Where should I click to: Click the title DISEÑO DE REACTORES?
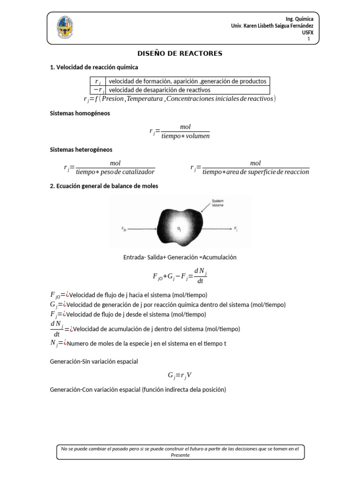coord(180,53)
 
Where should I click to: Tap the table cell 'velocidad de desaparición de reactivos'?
coord(159,90)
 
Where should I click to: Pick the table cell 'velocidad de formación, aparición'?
coord(187,81)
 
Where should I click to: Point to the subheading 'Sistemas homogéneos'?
coord(80,113)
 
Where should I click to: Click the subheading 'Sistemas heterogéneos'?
coord(81,150)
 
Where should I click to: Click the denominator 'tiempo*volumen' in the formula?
coord(185,136)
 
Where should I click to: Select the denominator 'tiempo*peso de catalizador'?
coord(115,172)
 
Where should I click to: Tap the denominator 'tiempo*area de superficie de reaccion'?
coord(255,172)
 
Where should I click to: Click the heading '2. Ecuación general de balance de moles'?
coord(104,186)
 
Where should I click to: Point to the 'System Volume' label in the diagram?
coord(217,203)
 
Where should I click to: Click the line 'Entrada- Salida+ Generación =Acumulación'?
coord(180,257)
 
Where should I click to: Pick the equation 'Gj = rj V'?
coord(180,375)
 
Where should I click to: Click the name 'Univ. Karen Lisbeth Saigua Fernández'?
coord(272,25)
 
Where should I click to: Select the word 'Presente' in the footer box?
coord(180,455)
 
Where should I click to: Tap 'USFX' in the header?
coord(307,32)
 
